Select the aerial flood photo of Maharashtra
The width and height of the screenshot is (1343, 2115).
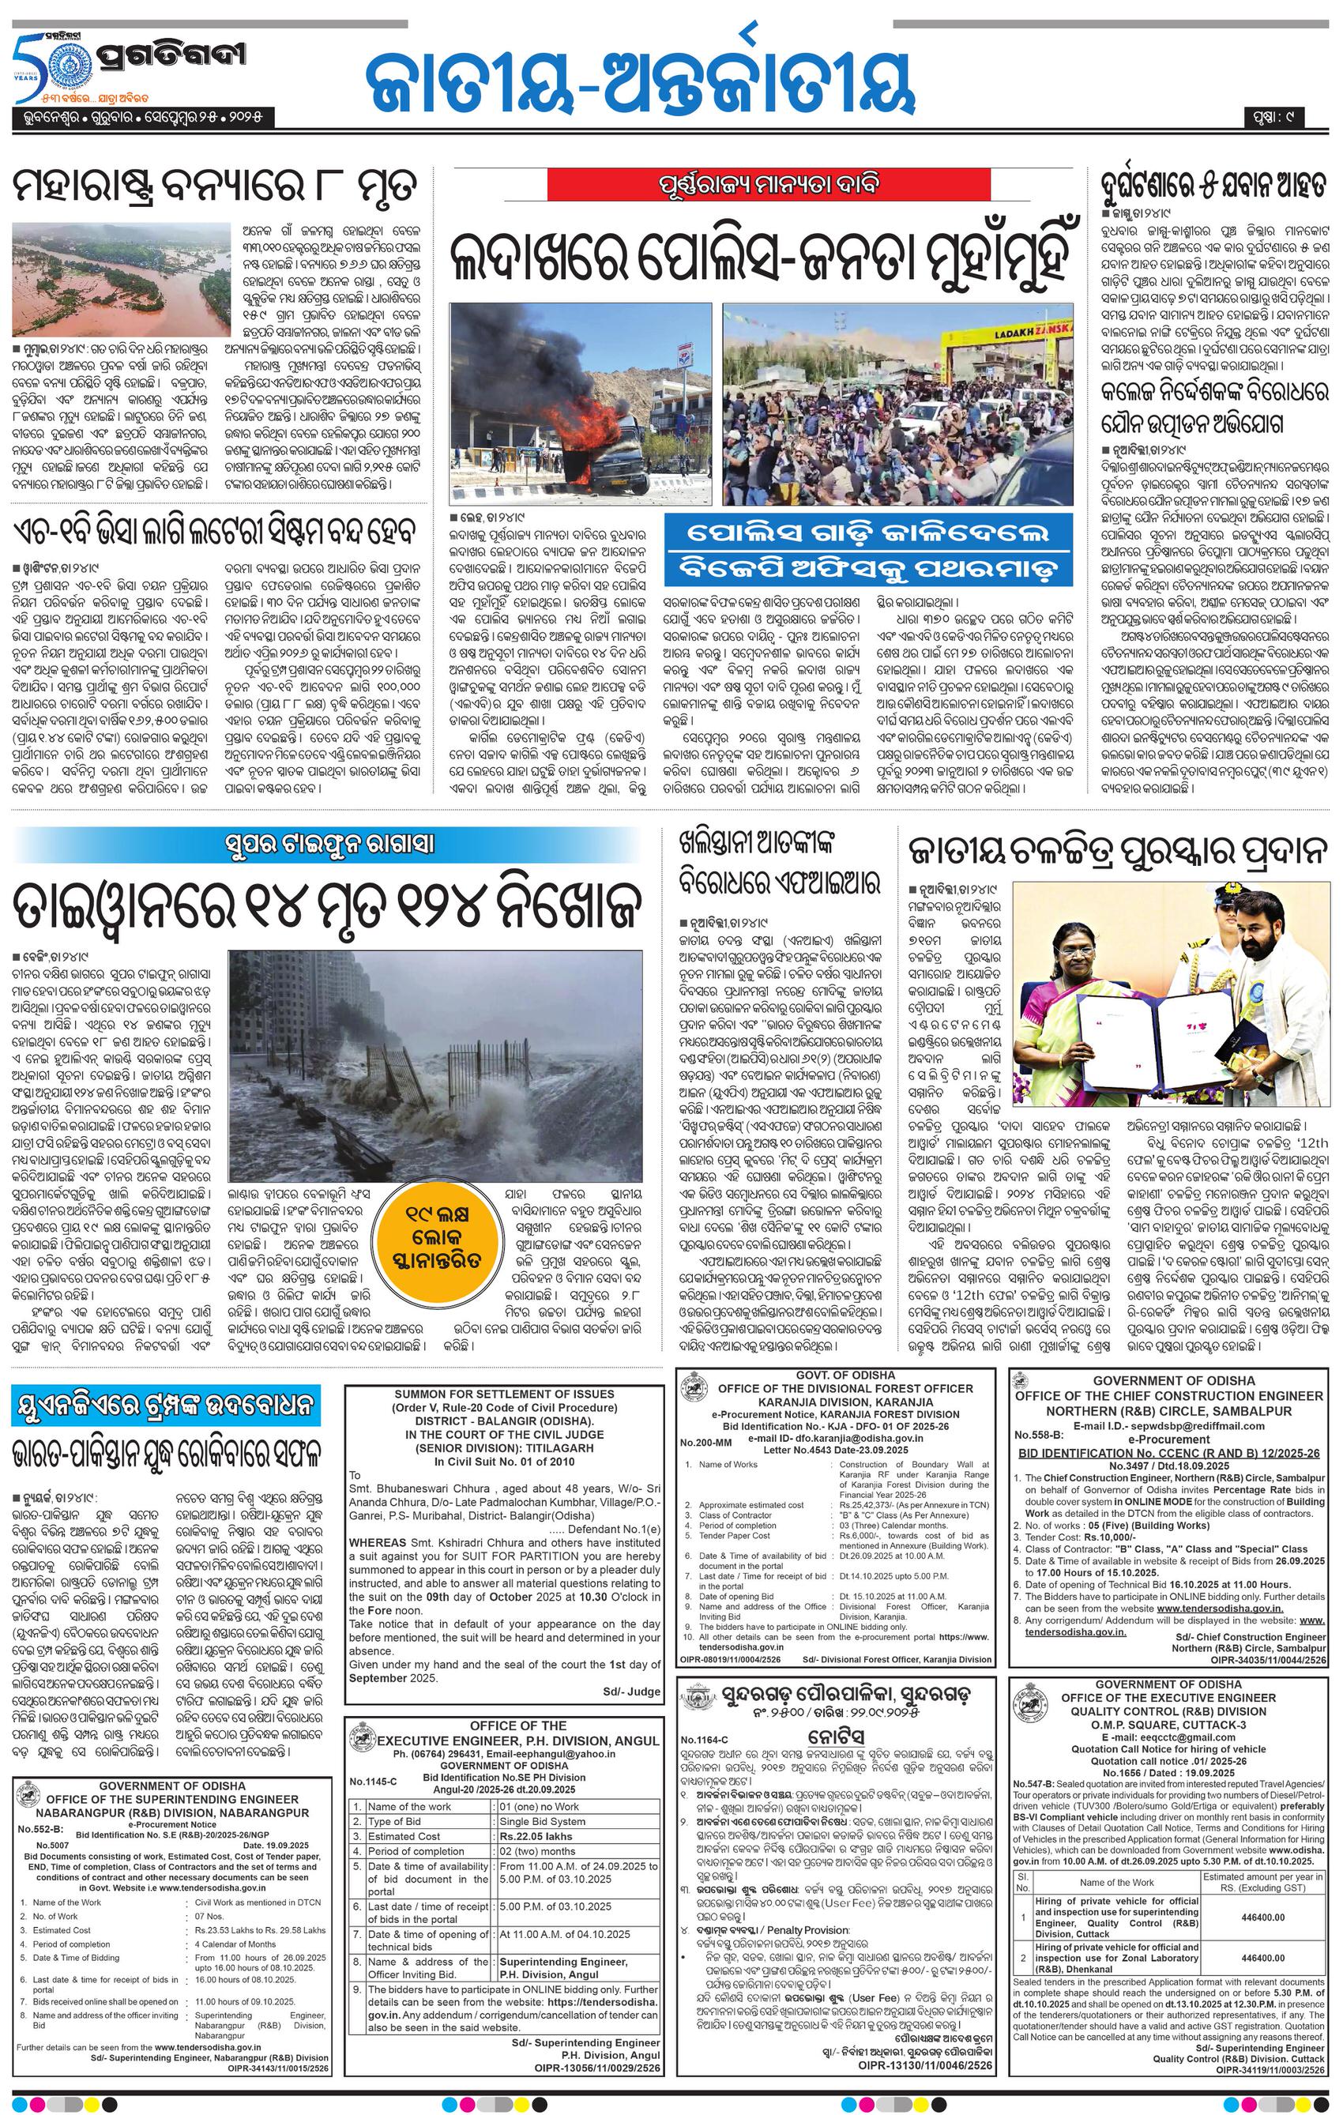pos(121,280)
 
